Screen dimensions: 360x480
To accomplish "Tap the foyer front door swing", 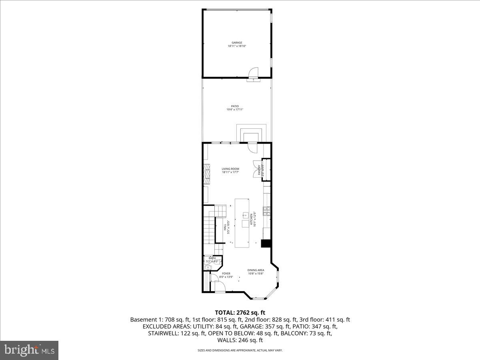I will click(219, 286).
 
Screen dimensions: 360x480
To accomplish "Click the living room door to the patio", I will click(253, 148).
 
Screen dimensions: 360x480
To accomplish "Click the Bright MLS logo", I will click(29, 350).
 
